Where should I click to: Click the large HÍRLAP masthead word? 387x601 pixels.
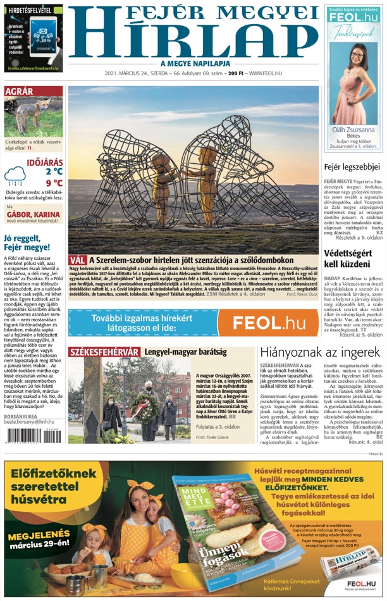192,39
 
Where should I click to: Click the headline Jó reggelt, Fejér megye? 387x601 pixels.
27,242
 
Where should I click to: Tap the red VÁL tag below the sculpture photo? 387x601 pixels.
78,260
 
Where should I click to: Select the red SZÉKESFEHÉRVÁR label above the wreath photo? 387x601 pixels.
104,352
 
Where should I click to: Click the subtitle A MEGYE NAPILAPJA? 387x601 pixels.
193,63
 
